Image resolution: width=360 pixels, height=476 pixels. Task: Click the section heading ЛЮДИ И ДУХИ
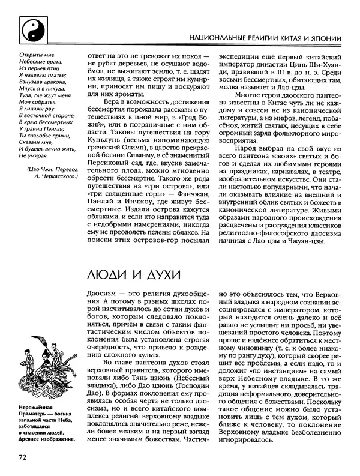[127, 274]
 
